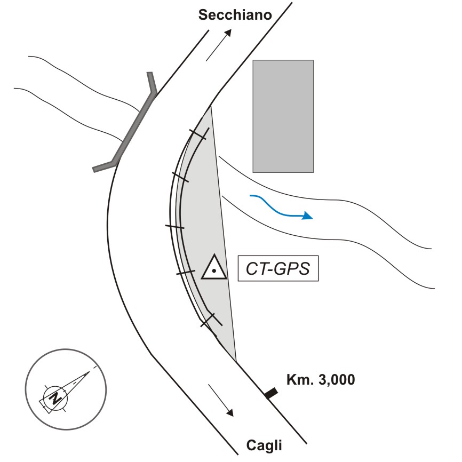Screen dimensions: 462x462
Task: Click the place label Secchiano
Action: point(235,14)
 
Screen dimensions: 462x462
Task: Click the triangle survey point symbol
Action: point(213,268)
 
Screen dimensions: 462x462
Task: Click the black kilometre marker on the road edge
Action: point(271,394)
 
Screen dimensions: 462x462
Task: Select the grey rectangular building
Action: point(283,116)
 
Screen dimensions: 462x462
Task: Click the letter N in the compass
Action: point(54,398)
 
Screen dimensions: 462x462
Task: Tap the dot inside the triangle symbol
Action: point(213,271)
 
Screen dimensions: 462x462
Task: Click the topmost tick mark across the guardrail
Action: point(199,134)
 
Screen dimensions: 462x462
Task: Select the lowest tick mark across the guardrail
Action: point(211,320)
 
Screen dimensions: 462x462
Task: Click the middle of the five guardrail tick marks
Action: point(174,227)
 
